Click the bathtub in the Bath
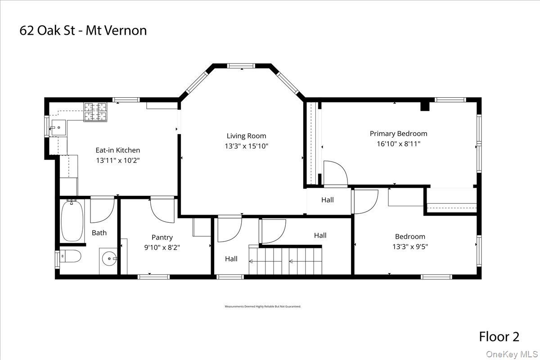(72, 220)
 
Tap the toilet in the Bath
(71, 256)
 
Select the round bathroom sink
(108, 260)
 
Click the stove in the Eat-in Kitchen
(95, 112)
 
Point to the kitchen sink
(58, 127)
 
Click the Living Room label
(246, 136)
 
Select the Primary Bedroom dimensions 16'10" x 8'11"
(398, 144)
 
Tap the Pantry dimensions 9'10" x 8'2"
(162, 247)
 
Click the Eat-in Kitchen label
(117, 150)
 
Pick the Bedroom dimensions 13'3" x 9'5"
(410, 247)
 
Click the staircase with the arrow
(285, 261)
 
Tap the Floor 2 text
(499, 337)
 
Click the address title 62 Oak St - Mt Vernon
(83, 31)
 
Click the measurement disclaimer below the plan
(263, 306)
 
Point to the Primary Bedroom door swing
(335, 173)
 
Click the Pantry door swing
(162, 209)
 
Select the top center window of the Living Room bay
(242, 66)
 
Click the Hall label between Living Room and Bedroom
(328, 200)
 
